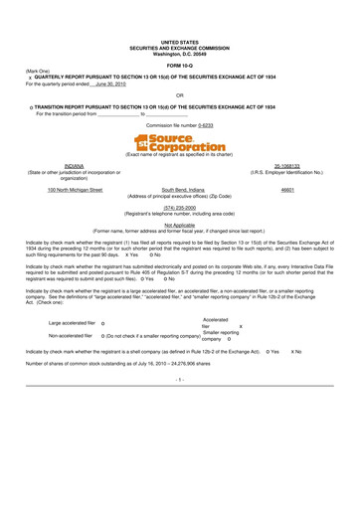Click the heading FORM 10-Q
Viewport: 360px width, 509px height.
point(180,65)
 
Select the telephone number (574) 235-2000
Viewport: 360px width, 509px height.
point(180,208)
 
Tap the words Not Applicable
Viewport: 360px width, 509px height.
point(180,226)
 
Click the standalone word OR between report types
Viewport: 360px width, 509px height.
point(179,95)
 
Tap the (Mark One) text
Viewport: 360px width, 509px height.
point(38,72)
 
